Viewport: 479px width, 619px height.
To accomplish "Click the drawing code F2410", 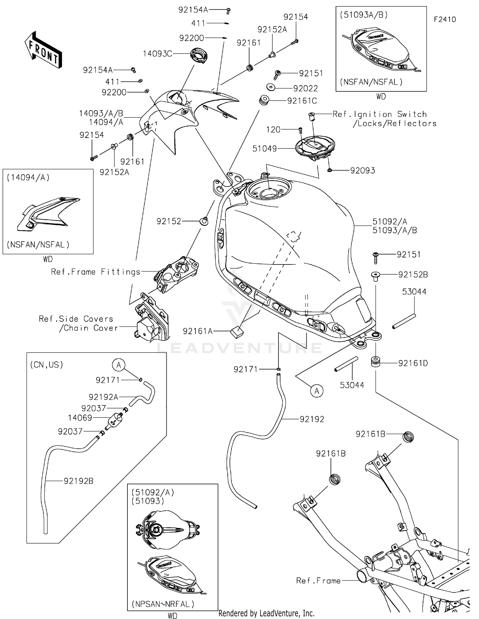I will point(445,19).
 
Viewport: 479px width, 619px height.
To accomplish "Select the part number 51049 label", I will point(264,149).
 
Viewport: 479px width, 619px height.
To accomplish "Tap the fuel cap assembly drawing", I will point(315,147).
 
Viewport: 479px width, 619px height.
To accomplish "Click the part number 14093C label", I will point(157,54).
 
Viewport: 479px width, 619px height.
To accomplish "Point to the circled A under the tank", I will point(316,391).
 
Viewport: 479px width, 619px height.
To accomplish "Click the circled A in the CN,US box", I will point(119,365).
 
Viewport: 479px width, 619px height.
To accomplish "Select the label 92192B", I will point(79,481).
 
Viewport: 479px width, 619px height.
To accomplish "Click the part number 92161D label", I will point(413,363).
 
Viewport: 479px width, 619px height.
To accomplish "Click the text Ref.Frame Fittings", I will point(96,272).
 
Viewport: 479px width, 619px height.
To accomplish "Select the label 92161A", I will point(198,332).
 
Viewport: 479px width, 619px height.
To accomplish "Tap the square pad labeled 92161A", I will point(237,332).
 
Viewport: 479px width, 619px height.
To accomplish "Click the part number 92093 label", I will point(362,171).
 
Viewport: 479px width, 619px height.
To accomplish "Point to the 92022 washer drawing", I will point(271,87).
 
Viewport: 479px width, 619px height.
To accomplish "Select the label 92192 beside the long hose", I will point(312,419).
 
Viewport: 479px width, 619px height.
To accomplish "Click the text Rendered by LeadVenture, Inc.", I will point(266,613).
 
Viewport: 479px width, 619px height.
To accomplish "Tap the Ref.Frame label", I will point(318,580).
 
